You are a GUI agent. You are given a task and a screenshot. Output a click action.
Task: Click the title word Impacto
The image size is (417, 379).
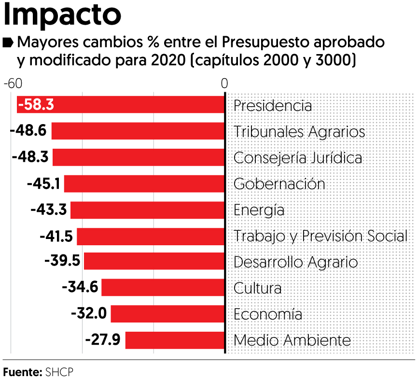click(63, 15)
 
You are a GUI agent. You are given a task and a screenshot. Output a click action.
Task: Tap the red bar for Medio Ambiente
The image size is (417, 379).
click(175, 340)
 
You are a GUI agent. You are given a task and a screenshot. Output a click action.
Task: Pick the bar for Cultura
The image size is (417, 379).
click(163, 288)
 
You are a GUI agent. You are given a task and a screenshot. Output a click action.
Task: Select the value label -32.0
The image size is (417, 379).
click(89, 314)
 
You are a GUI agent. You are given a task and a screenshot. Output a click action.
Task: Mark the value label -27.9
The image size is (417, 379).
click(103, 340)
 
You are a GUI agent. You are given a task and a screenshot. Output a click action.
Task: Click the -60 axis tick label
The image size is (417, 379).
click(13, 83)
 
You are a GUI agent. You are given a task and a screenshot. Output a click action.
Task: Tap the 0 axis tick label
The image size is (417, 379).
click(224, 83)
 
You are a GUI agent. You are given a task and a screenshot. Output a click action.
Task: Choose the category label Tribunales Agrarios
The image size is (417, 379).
click(299, 131)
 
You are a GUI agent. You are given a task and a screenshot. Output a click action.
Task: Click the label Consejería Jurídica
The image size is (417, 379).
click(298, 157)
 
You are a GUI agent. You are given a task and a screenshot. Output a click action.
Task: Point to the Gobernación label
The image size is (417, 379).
click(279, 183)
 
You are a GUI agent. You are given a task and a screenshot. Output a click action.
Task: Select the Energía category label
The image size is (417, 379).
click(259, 210)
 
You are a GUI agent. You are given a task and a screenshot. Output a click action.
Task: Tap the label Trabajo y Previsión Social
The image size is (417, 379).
click(320, 236)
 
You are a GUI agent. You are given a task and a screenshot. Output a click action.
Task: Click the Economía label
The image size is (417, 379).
click(268, 314)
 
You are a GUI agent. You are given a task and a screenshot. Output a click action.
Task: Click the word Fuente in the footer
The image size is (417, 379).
click(22, 372)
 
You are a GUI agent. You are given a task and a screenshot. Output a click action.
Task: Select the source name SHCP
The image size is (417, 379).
click(60, 372)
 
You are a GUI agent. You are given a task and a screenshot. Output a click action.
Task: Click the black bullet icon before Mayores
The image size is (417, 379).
click(8, 43)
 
